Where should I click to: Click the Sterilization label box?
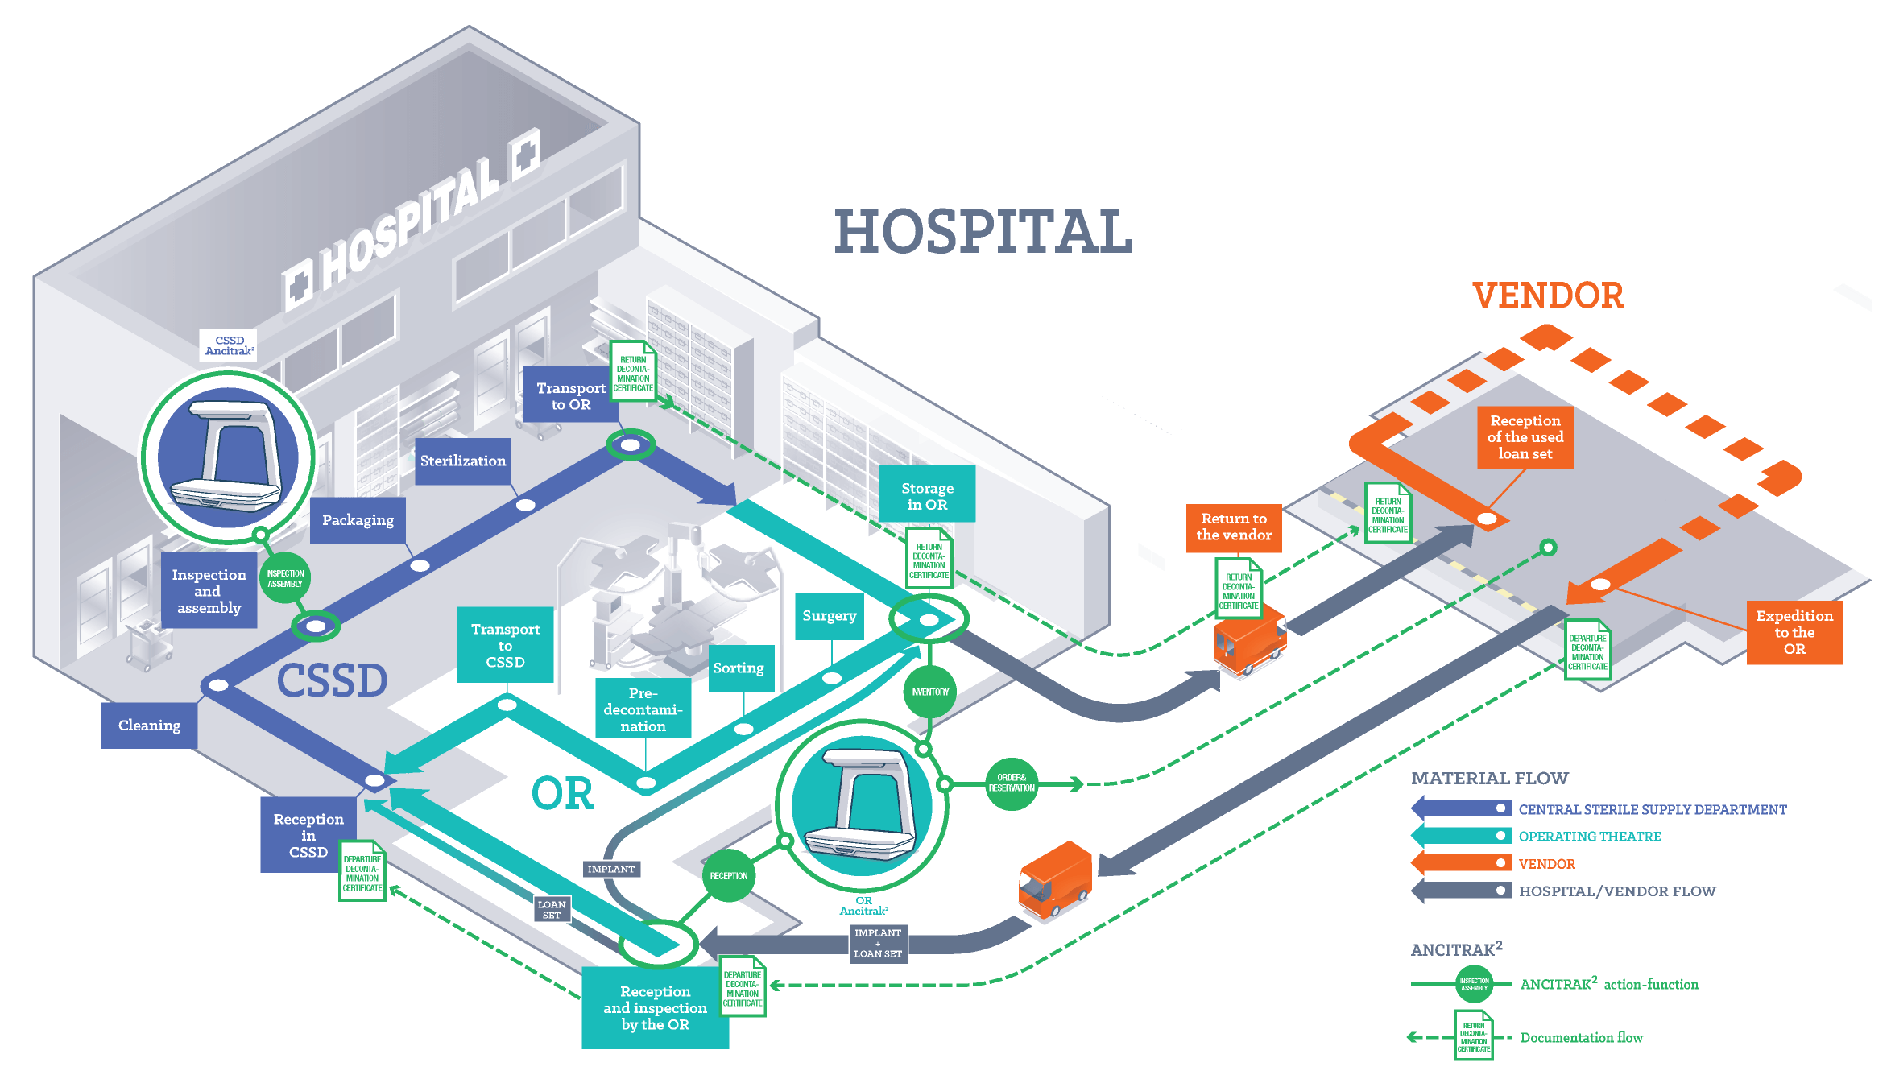point(463,461)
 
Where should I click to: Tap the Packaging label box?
point(358,520)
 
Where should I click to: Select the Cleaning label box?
point(149,726)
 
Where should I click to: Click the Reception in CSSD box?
point(308,835)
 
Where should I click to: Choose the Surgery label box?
point(830,616)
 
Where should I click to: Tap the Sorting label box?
point(739,668)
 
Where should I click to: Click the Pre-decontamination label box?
point(643,709)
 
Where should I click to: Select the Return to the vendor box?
point(1234,527)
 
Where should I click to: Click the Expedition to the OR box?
point(1794,632)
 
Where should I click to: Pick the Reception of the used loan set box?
point(1525,437)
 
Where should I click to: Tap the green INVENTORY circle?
point(930,692)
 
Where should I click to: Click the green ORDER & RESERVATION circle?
point(1012,783)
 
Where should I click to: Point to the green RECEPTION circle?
point(729,875)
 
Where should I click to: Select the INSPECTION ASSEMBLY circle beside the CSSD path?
point(285,578)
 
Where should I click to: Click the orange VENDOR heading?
point(1548,296)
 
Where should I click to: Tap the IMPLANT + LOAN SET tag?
point(878,943)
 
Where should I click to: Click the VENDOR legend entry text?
point(1547,864)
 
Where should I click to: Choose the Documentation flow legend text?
point(1582,1038)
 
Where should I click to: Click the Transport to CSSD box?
point(506,645)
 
